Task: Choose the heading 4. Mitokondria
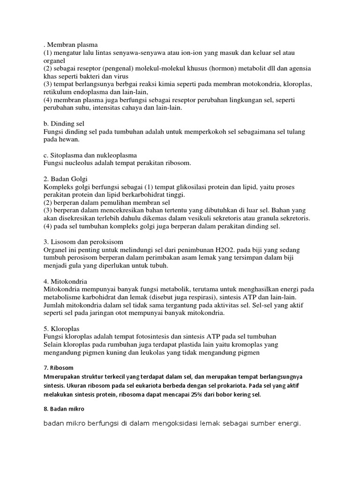pos(65,281)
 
